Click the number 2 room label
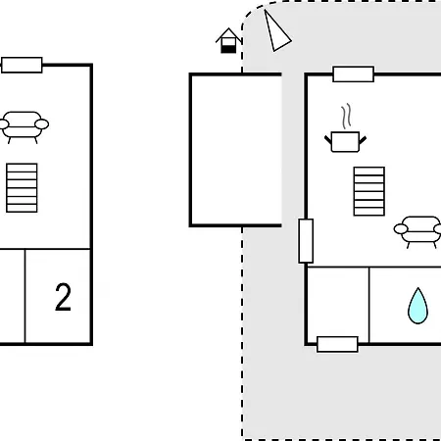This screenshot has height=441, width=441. pos(63,297)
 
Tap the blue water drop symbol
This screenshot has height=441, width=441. pos(417,306)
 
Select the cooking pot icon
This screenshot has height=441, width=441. pos(345,141)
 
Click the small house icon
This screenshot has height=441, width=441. pos(228,41)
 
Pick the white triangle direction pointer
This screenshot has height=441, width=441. pos(276,32)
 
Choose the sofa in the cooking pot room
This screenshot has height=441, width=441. pos(418,231)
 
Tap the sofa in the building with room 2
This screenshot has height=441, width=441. pos(23,126)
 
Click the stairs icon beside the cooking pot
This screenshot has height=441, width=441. pos(369,191)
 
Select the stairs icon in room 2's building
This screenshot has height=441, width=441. pos(22,188)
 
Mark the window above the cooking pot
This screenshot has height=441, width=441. pos(354,74)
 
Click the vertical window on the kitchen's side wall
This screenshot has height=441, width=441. pos(306,241)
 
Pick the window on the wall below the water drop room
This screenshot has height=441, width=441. pos(337,344)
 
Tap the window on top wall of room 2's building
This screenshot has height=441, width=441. pos(22,65)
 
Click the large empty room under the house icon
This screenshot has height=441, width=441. pos(236,150)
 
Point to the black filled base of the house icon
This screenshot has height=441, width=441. pos(228,49)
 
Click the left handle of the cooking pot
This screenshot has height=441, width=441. pos(328,140)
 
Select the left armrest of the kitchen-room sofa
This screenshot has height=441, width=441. pos(401,229)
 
